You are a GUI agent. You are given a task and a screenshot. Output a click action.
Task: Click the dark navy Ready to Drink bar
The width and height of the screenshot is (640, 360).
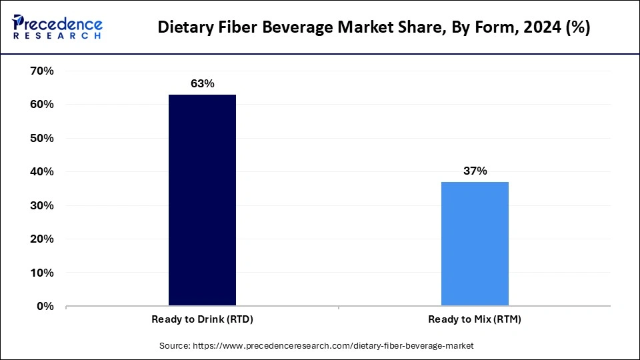click(202, 200)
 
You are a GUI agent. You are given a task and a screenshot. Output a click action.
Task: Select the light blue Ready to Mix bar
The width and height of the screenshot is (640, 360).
click(475, 244)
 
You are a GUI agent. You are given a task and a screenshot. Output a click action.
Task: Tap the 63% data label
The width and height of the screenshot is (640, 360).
click(202, 84)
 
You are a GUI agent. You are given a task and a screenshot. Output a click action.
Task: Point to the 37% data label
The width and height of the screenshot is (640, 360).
click(475, 171)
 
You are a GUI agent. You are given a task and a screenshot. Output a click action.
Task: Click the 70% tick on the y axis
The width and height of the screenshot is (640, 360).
click(41, 71)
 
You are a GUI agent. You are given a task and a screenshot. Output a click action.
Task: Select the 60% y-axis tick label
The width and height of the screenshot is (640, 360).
click(41, 105)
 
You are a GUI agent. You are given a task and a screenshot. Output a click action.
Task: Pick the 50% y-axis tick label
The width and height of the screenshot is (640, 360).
click(41, 138)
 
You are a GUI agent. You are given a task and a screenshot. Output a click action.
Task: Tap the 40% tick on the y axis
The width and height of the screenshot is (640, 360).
click(41, 171)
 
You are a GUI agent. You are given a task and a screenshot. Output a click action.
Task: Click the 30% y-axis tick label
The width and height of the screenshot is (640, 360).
click(41, 205)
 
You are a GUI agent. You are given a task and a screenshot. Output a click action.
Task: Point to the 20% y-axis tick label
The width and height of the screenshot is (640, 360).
click(41, 239)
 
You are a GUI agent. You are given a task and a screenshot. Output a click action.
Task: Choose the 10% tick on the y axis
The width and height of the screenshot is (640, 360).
click(41, 273)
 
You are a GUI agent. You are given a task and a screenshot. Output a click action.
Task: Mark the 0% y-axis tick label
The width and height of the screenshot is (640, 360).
click(45, 306)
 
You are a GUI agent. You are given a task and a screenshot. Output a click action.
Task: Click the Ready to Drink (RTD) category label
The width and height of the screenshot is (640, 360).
click(202, 319)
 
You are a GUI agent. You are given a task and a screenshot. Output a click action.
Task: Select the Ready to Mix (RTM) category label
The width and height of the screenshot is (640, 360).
click(475, 319)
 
